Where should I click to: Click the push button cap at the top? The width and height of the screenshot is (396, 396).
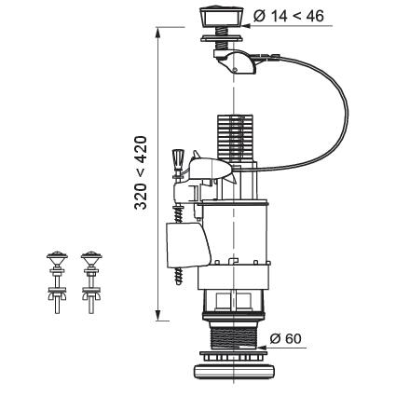tap(223, 18)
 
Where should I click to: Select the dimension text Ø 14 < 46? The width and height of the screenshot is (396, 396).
tap(289, 16)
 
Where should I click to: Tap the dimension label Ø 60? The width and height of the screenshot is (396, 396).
tap(286, 338)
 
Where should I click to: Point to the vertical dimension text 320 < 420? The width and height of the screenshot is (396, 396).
tap(141, 172)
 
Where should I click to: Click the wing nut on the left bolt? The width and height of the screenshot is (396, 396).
tap(57, 296)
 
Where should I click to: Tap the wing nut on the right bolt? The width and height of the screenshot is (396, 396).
tap(91, 296)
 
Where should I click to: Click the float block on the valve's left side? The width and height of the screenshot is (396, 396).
tap(187, 245)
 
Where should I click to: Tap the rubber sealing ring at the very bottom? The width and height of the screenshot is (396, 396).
tap(234, 371)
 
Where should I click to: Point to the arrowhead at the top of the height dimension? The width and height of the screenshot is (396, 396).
tap(158, 34)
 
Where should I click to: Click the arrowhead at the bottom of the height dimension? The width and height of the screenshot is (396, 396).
tap(158, 315)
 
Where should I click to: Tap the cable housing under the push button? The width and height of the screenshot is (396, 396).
tap(236, 61)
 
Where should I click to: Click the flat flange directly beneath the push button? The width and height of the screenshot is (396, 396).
tap(222, 38)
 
